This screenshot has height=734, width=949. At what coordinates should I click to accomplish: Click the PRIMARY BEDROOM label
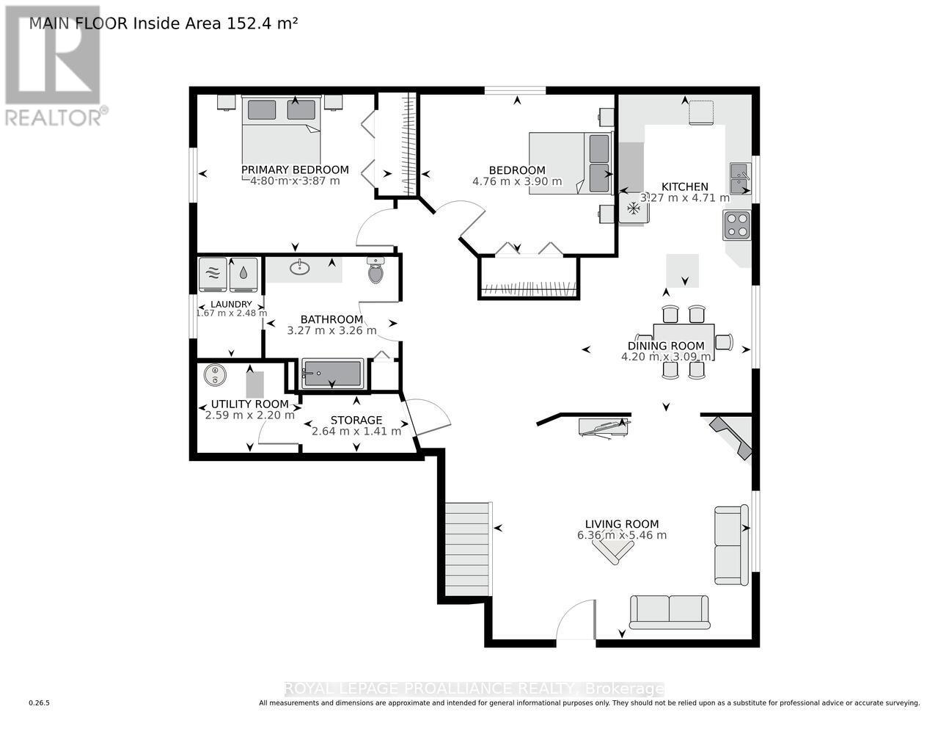[x=295, y=170]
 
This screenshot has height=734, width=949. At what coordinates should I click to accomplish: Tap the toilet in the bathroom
[x=375, y=272]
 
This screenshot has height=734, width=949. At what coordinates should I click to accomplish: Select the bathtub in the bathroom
[x=332, y=374]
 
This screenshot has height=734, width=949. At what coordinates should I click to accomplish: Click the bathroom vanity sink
[x=299, y=268]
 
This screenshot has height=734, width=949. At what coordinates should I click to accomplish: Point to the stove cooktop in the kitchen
[x=737, y=225]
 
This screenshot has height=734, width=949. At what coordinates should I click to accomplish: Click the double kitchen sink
[x=739, y=178]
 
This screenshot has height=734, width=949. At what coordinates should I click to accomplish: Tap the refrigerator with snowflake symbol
[x=633, y=209]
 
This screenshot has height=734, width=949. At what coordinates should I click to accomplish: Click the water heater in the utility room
[x=214, y=375]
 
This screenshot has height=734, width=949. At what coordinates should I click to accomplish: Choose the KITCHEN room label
[x=685, y=186]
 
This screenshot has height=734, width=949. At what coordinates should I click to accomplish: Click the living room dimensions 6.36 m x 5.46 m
[x=622, y=535]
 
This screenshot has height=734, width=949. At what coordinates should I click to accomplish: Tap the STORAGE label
[x=356, y=420]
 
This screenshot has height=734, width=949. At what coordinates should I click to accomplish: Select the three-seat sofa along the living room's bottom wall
[x=669, y=611]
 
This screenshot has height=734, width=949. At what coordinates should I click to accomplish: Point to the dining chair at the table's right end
[x=724, y=341]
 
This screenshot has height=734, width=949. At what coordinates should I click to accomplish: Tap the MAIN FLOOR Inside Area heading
[x=163, y=23]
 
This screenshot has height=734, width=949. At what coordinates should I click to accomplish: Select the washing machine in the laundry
[x=213, y=273]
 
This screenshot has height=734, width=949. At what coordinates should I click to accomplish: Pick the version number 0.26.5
[x=39, y=703]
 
